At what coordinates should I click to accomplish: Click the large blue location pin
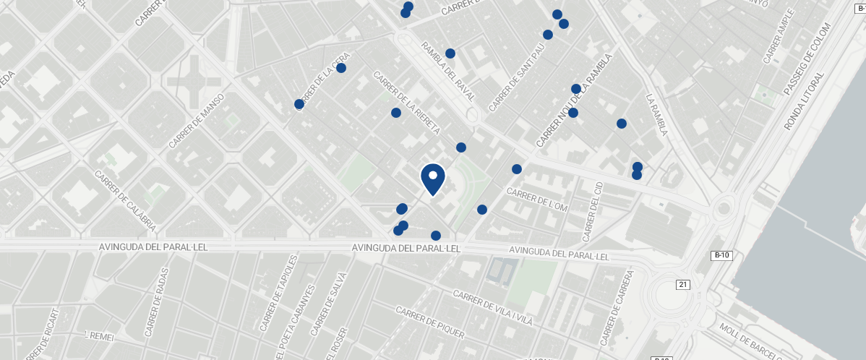point(432,178)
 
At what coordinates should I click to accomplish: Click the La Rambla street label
point(657,115)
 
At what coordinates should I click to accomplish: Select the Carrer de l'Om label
point(538,200)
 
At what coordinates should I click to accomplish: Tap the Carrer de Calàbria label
point(125,200)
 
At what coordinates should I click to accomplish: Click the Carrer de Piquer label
point(429,322)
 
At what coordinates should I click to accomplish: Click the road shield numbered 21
point(683,285)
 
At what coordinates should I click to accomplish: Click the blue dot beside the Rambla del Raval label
point(450,53)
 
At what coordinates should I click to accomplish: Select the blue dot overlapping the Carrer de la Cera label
point(299,105)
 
